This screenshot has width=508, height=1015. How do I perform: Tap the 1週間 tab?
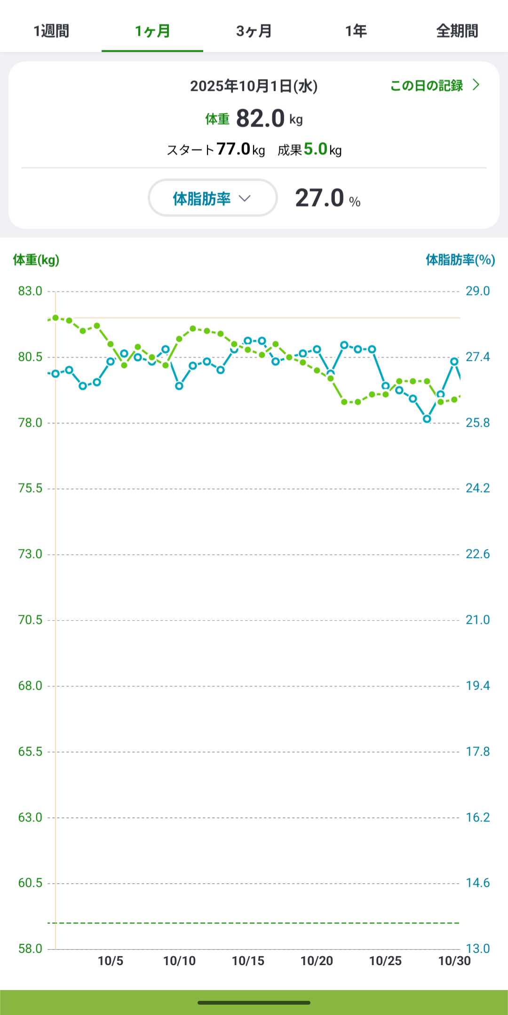pos(51,31)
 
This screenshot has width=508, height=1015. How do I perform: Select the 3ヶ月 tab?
pos(254,31)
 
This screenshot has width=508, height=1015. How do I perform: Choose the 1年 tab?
pos(356,31)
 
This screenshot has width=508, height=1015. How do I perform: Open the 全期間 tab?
pos(457,31)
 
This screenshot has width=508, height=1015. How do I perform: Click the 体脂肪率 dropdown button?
pos(213,198)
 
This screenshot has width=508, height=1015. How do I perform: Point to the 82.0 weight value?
pos(261,118)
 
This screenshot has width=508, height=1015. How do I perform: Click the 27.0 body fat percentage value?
pos(320,198)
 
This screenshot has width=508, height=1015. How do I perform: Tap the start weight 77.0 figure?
pos(233,150)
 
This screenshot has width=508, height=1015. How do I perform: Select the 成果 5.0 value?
pos(315,150)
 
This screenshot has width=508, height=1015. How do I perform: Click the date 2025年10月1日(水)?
pos(254,86)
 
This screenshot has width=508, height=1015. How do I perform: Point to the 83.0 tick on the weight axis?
pos(30,291)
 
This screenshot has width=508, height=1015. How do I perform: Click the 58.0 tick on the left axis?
pos(30,949)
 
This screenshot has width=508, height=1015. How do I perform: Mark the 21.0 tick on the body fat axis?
pos(477,620)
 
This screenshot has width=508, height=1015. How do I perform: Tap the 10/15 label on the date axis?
pos(248,961)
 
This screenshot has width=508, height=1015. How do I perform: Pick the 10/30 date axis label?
pos(454,961)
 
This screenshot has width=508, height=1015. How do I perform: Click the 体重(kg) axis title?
pos(36,260)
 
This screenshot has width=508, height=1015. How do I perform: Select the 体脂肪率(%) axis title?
pos(460,260)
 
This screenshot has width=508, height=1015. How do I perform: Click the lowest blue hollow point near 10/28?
pos(427,419)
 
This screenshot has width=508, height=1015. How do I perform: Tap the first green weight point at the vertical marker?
pos(56,318)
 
